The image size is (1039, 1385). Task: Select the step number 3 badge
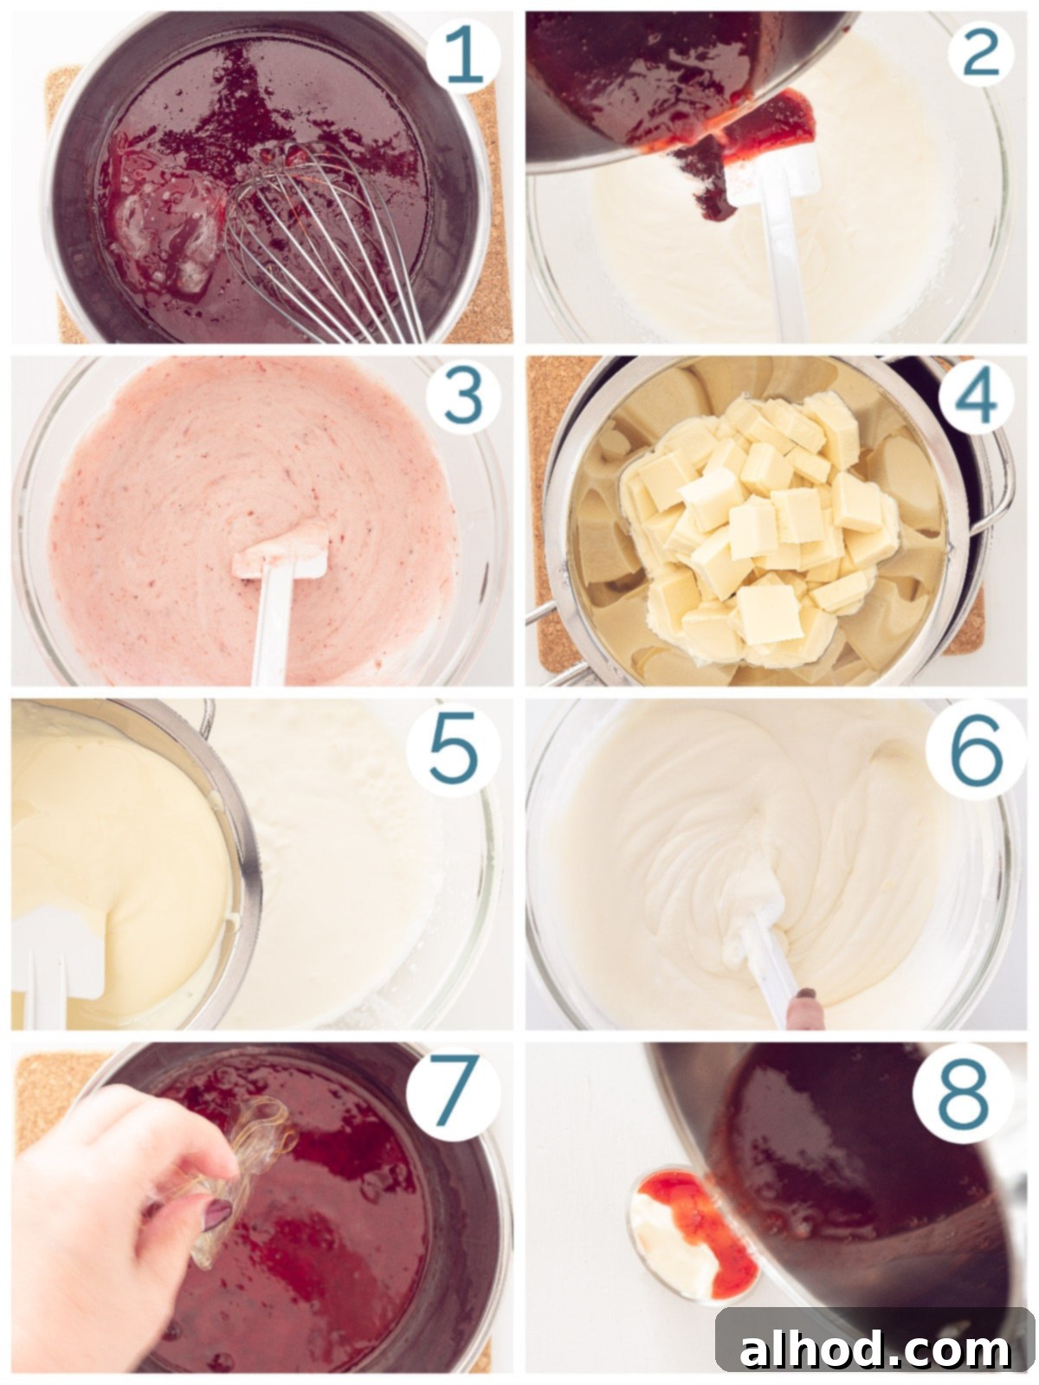(462, 398)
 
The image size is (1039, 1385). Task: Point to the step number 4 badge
(975, 398)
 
